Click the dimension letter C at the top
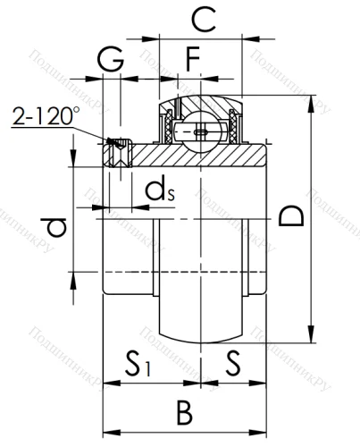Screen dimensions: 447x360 click(205, 19)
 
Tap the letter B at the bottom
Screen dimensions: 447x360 click(183, 412)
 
